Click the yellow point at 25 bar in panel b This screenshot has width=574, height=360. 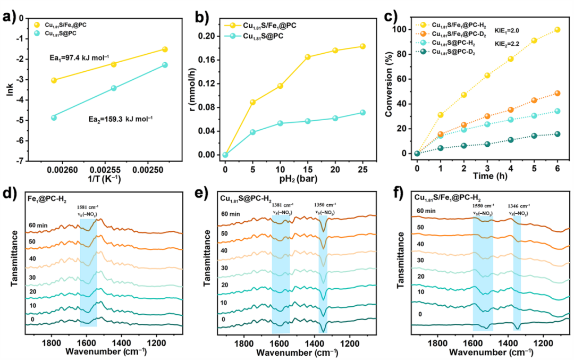[362, 46]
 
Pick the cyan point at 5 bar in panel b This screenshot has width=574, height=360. [252, 132]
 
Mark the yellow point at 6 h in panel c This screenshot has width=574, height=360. [557, 30]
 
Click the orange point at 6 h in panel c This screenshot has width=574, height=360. [557, 93]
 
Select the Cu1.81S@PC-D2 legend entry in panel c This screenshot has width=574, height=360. [453, 52]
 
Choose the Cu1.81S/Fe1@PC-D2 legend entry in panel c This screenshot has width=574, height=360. [458, 34]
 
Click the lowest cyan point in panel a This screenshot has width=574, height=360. [54, 118]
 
